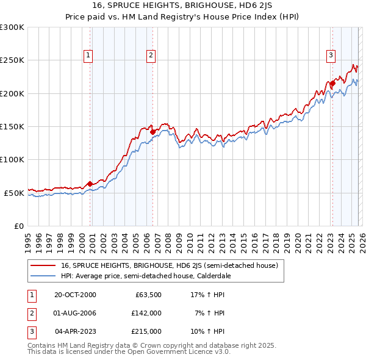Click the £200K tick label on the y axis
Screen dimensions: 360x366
(x=12, y=93)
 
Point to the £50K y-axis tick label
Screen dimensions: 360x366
(x=13, y=193)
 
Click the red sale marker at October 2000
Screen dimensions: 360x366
(x=90, y=184)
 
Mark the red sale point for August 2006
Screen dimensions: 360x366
(x=152, y=131)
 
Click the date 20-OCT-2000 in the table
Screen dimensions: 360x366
(x=75, y=295)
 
